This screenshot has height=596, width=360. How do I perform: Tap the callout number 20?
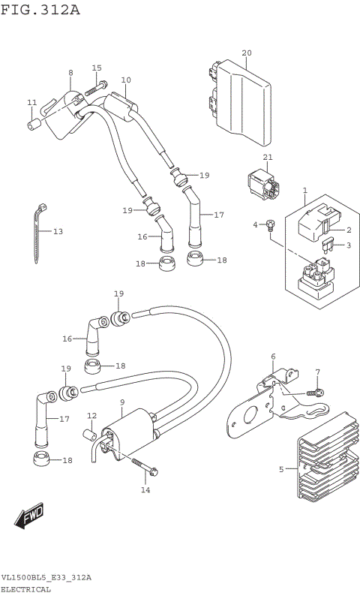pyautogui.click(x=246, y=53)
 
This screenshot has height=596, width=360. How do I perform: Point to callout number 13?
pyautogui.click(x=58, y=231)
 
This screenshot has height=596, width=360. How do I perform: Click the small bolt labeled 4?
pyautogui.click(x=272, y=224)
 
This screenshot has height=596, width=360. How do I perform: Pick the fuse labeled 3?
pyautogui.click(x=327, y=245)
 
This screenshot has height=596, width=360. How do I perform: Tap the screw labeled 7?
pyautogui.click(x=319, y=393)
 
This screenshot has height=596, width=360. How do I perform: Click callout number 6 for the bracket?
pyautogui.click(x=273, y=356)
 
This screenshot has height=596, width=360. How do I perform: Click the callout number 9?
pyautogui.click(x=121, y=402)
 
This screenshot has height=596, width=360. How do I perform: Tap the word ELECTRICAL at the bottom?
pyautogui.click(x=25, y=589)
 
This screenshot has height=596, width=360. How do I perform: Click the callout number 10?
pyautogui.click(x=125, y=80)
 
